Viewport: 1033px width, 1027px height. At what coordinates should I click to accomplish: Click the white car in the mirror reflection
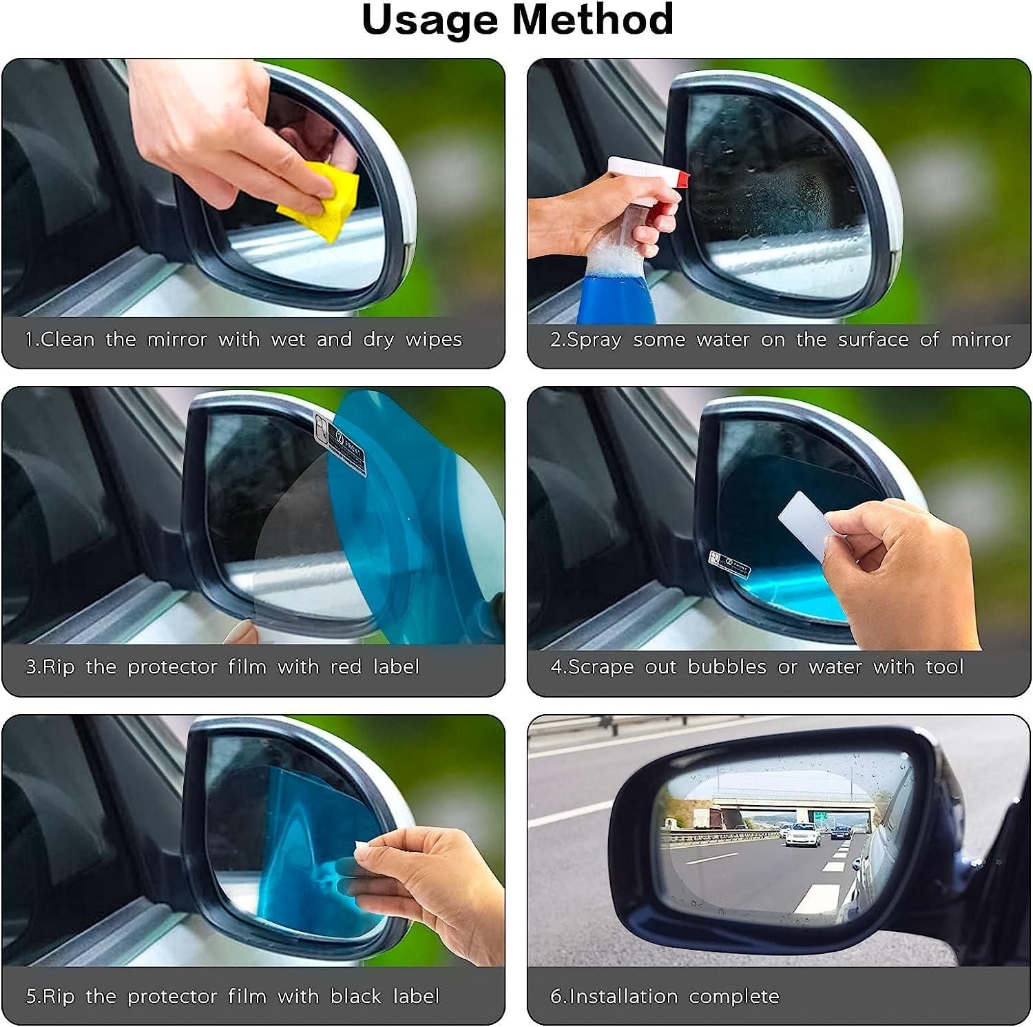click(803, 835)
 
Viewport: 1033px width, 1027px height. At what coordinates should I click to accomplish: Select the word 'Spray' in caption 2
click(592, 340)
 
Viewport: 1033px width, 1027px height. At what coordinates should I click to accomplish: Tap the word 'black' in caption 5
click(355, 996)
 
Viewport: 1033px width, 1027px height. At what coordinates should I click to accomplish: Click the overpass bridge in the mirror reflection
click(792, 800)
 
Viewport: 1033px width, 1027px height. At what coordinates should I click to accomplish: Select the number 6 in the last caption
click(555, 996)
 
